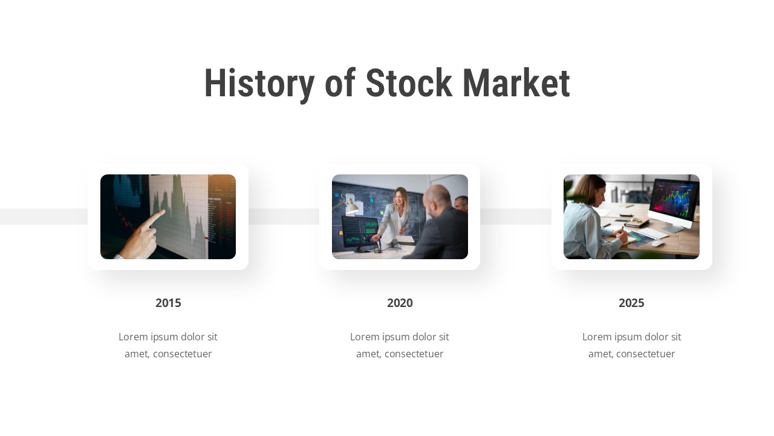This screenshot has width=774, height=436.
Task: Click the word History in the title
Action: tap(259, 84)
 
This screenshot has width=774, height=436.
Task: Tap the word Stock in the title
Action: tap(408, 84)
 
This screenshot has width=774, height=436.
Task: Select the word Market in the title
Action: tap(516, 84)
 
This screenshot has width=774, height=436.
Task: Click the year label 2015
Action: tap(168, 303)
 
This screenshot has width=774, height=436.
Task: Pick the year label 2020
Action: tap(400, 303)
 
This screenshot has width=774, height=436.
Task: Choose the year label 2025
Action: tap(631, 303)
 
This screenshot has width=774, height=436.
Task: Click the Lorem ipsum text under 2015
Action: tap(168, 345)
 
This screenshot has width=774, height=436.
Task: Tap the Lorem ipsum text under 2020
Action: tap(400, 345)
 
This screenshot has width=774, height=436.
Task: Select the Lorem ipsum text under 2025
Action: tap(631, 345)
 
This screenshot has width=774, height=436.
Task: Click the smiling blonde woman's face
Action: tap(400, 197)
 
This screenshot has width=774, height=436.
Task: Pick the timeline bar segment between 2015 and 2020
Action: tap(284, 217)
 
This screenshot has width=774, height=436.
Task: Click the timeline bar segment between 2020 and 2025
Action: tap(515, 217)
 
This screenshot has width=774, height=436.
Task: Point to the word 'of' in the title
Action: tap(340, 84)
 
